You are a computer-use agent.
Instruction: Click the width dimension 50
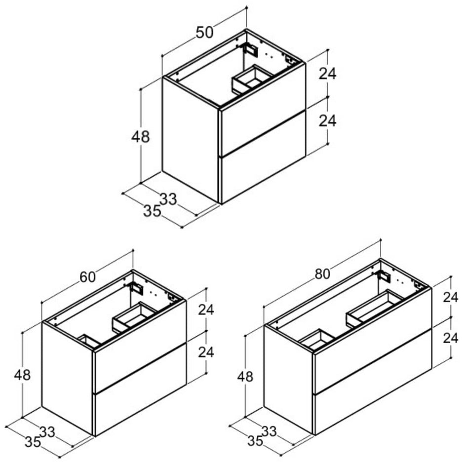205,33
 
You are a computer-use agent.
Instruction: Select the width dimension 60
88,277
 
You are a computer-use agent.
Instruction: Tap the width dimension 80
323,274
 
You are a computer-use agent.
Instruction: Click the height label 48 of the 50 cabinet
141,137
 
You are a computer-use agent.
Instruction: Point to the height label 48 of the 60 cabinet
22,375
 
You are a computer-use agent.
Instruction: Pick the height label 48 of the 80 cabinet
245,377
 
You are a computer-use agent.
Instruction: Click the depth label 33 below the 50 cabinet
168,199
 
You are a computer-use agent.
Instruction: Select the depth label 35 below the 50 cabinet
153,211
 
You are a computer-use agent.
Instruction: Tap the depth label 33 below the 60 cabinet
47,432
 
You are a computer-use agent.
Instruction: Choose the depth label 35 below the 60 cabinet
33,442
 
